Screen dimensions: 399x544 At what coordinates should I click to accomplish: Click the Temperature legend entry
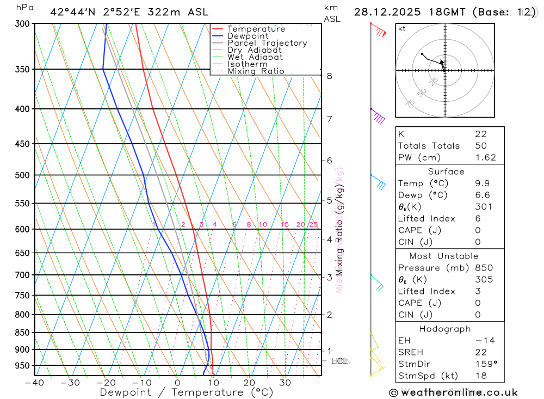[256, 29]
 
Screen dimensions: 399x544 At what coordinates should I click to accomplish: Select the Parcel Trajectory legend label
[267, 43]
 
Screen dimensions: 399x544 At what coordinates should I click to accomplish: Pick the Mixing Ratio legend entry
[256, 71]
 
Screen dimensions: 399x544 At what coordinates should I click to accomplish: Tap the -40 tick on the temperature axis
[34, 383]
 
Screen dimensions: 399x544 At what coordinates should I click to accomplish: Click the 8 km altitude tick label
[330, 76]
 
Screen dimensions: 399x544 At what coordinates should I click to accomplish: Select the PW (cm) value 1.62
[485, 158]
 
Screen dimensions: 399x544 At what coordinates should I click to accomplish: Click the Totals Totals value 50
[480, 146]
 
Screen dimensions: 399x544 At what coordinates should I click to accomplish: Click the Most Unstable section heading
[444, 256]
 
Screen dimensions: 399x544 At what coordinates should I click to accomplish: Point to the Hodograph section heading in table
[444, 329]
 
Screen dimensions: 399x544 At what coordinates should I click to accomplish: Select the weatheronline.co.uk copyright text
[454, 392]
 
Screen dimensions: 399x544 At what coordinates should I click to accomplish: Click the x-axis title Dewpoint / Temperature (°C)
[187, 392]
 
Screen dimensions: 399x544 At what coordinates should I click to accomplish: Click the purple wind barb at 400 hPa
[378, 116]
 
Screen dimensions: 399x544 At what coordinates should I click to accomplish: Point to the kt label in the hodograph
[401, 28]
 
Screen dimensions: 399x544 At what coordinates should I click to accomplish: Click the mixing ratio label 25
[313, 225]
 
